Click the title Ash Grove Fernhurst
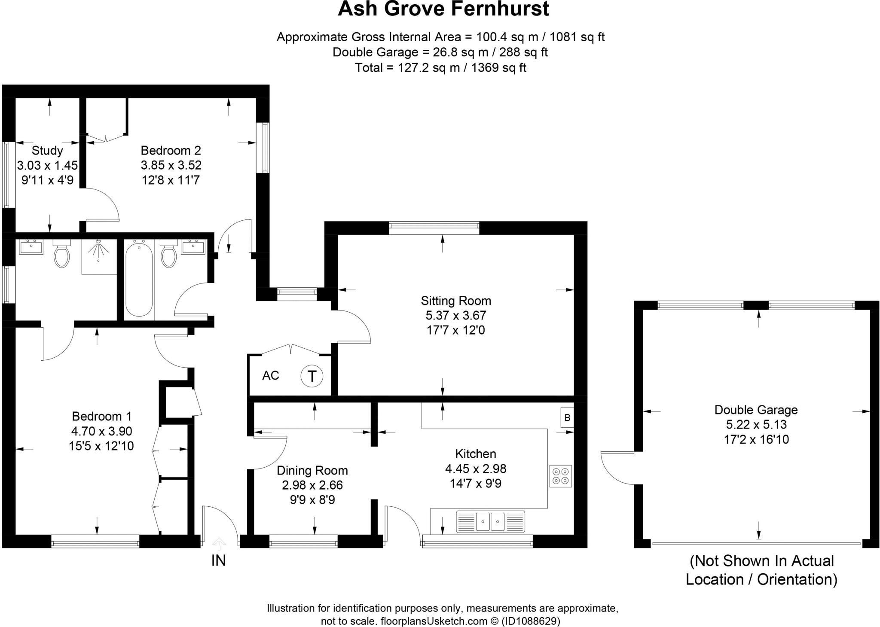pyautogui.click(x=443, y=9)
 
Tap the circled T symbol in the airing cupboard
pyautogui.click(x=312, y=376)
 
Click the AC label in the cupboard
pyautogui.click(x=271, y=375)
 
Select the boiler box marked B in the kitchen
pyautogui.click(x=567, y=417)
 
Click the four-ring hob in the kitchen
pyautogui.click(x=560, y=476)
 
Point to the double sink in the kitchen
pyautogui.click(x=490, y=521)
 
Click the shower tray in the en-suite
pyautogui.click(x=99, y=257)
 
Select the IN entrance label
pyautogui.click(x=218, y=560)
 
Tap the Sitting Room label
pyautogui.click(x=455, y=301)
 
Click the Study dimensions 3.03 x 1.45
pyautogui.click(x=47, y=165)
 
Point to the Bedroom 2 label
pyautogui.click(x=171, y=150)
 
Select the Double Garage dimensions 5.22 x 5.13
pyautogui.click(x=756, y=424)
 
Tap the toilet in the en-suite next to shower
pyautogui.click(x=62, y=255)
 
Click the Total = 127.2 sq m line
pyautogui.click(x=440, y=68)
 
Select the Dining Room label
pyautogui.click(x=312, y=470)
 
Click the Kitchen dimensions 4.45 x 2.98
pyautogui.click(x=476, y=469)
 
